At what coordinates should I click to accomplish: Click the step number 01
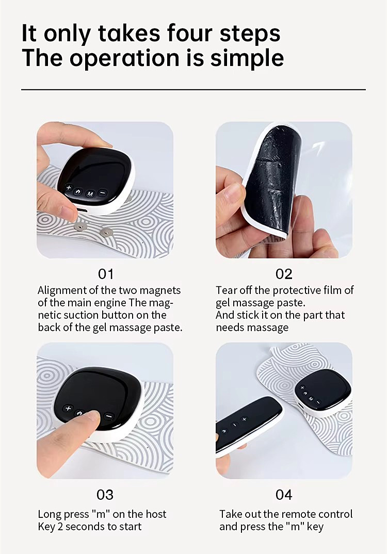[106, 273]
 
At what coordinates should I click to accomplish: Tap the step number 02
[284, 273]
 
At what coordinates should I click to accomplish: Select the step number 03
[105, 495]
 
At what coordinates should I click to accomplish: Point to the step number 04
[284, 495]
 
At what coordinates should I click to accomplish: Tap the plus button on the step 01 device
[68, 188]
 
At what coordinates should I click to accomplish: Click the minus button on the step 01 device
[102, 193]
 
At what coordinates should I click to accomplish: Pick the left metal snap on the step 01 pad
[79, 225]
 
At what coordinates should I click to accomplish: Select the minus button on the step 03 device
[108, 416]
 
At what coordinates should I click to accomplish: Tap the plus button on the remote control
[244, 419]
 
